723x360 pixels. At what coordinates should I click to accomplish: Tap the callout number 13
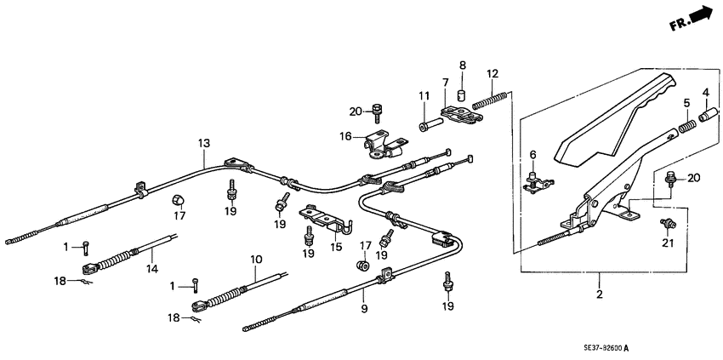(x=203, y=144)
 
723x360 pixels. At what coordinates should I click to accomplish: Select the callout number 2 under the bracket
(x=600, y=294)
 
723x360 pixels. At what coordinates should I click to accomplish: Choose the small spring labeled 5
(x=687, y=129)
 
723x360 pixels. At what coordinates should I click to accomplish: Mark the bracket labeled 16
(x=379, y=146)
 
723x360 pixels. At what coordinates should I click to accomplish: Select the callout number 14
(x=152, y=267)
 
